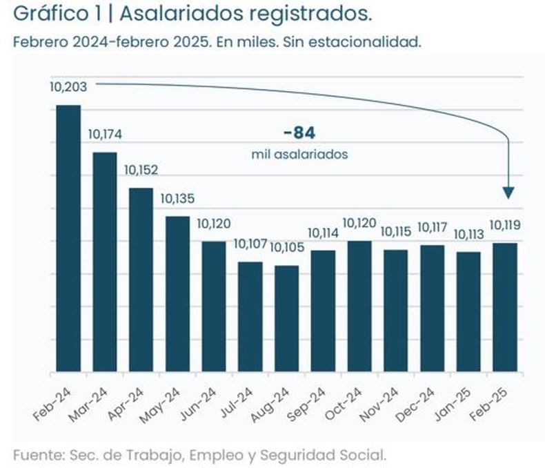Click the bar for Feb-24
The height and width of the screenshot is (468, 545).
coord(68,239)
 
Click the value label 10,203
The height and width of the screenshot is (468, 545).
coord(66,87)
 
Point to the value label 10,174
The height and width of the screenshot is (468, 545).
coord(104,134)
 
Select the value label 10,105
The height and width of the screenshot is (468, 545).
coord(285,247)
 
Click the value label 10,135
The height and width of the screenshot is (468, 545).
coord(177,199)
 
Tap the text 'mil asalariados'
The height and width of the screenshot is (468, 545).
coord(299,155)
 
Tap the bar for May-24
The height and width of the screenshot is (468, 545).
coord(177,295)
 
